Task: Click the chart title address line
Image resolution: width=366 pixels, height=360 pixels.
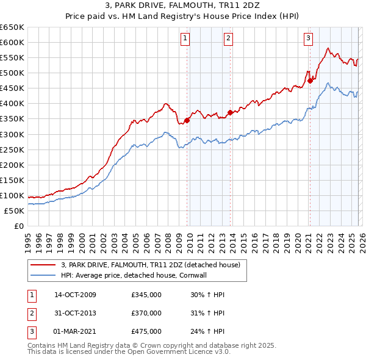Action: [x=183, y=6]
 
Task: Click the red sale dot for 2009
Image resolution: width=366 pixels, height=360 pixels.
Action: [x=187, y=120]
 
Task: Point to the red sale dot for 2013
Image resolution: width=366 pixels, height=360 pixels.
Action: [x=230, y=112]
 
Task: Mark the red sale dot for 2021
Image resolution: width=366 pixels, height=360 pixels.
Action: [x=310, y=80]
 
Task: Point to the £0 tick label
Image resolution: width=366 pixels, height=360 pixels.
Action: [x=18, y=226]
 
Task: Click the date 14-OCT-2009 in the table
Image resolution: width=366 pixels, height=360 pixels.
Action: [x=75, y=295]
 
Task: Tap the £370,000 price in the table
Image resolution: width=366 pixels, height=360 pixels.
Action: [x=146, y=313]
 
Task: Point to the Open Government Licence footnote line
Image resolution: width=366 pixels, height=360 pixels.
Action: [x=129, y=352]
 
